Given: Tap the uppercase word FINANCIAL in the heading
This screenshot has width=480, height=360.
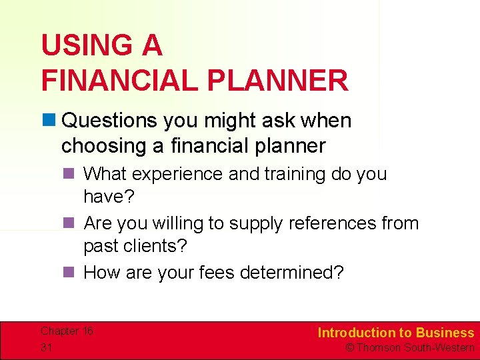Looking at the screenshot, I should click(121, 81).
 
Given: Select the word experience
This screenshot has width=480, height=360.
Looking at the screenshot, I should click(179, 174).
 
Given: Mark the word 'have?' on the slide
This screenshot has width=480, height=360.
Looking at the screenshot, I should click(109, 197).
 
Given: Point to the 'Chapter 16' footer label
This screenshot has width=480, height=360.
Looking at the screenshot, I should click(67, 331).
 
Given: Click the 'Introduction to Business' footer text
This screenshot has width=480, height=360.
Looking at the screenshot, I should click(395, 333).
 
